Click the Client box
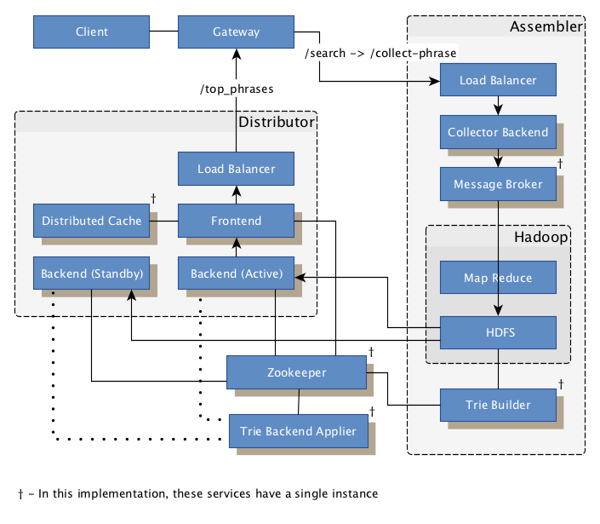pos(91,32)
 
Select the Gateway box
pos(236,32)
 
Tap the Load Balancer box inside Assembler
pos(498,81)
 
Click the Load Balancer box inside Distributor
pos(236,169)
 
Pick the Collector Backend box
pos(498,133)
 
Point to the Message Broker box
pos(498,184)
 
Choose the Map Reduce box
pos(498,278)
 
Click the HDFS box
pos(498,331)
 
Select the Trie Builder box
pos(498,405)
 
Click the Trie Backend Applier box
pos(298,431)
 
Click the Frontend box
pos(236,221)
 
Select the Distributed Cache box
pos(91,221)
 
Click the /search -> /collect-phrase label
pos(380,53)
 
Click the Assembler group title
pos(546,27)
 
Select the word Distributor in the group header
pos(276,122)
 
